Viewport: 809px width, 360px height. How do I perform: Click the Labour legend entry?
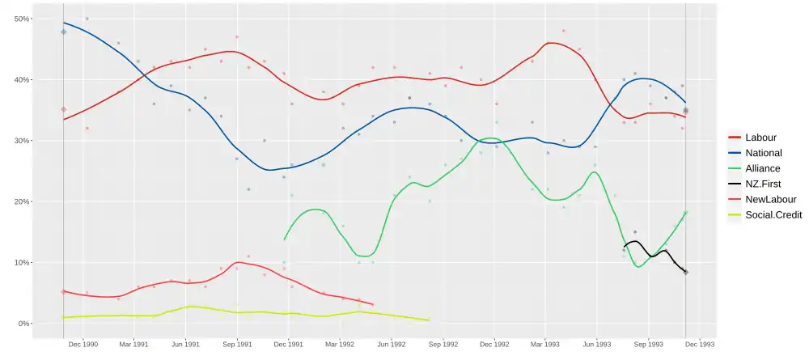760,138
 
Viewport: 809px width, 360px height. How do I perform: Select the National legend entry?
763,153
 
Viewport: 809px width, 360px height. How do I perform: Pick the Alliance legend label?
762,168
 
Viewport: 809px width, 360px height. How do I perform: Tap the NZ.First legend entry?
763,184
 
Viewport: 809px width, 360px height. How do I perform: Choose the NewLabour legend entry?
769,199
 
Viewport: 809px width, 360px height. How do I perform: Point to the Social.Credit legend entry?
773,214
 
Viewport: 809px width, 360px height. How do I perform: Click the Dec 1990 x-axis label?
83,345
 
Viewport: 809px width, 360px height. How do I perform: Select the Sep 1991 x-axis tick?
237,345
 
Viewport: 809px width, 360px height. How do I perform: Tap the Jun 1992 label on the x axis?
392,345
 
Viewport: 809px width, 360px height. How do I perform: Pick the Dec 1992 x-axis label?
494,345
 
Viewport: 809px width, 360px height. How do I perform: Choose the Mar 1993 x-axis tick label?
545,345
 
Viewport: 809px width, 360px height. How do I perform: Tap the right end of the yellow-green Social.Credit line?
429,320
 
